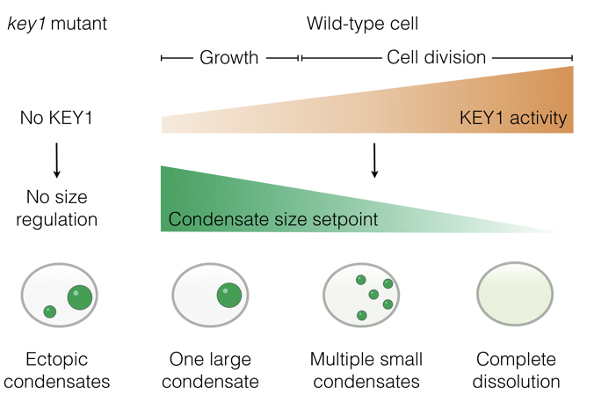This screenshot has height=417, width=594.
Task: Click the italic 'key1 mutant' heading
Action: (56, 24)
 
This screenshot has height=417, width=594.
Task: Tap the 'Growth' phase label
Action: (229, 58)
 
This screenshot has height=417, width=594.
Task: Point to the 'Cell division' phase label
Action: (437, 58)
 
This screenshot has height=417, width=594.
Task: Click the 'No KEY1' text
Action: (56, 117)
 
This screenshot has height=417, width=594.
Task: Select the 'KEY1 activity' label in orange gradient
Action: (514, 118)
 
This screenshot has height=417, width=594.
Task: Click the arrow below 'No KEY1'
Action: (56, 159)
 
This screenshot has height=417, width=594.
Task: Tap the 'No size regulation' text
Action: (56, 206)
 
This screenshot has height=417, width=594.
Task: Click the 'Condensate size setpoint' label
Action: (272, 219)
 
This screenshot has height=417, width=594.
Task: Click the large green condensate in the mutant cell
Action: (80, 296)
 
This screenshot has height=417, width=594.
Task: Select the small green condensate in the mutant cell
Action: (50, 311)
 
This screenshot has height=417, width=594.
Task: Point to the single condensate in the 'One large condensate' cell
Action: (229, 295)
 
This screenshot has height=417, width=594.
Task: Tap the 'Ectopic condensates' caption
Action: (56, 370)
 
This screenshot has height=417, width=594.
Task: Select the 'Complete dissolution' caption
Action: (516, 370)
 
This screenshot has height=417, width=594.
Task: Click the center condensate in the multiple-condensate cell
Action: (373, 294)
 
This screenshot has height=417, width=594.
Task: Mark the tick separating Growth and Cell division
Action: (301, 58)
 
